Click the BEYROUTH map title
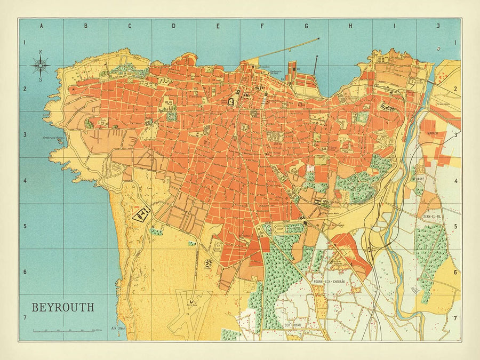point(63,308)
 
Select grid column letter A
point(41,26)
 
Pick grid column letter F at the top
point(262,26)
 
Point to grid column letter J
point(438,26)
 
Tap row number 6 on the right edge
point(455,272)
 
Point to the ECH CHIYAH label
point(293,324)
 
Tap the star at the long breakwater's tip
point(318,38)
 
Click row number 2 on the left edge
point(24,89)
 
